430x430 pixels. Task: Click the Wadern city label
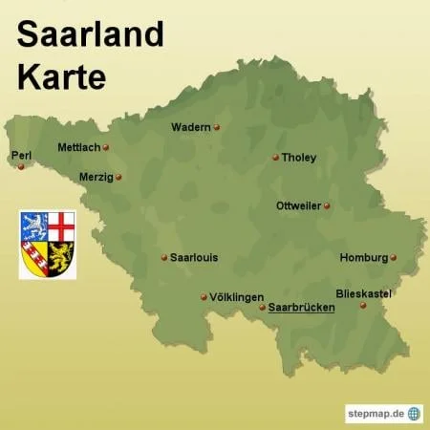point(191,127)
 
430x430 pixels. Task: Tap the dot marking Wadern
point(217,127)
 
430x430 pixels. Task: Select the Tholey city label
point(299,158)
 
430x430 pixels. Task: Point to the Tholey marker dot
point(275,158)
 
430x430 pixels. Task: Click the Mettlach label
point(78,147)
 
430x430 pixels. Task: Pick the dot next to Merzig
point(118,177)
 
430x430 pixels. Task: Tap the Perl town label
point(20,155)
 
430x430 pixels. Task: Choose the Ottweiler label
point(298,205)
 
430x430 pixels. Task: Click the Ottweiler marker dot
point(327,205)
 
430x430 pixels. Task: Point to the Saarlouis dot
point(164,257)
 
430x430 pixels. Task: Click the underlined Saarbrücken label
point(301,308)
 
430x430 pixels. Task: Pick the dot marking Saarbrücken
point(262,308)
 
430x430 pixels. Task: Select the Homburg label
point(363,257)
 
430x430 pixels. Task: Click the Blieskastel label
point(364,293)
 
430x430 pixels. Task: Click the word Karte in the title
point(61,75)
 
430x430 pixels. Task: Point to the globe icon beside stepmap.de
point(414,413)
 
